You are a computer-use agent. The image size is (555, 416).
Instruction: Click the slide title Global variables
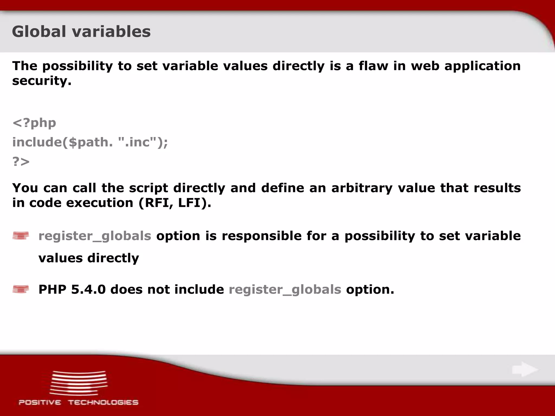click(81, 31)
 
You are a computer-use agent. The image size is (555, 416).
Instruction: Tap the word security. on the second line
click(42, 81)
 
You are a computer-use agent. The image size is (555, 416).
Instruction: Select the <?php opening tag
click(34, 123)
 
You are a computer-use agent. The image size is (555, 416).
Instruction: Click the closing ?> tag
click(21, 161)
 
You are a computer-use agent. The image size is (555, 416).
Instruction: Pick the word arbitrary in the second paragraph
click(362, 188)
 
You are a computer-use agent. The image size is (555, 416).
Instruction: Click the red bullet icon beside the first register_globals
click(21, 236)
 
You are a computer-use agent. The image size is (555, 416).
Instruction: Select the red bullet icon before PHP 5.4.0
click(21, 289)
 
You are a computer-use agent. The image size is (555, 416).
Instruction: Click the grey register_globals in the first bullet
click(95, 236)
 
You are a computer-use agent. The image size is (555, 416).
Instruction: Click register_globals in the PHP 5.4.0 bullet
click(285, 290)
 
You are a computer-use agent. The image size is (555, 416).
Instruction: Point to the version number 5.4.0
click(88, 289)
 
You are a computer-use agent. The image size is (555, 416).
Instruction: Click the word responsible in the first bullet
click(262, 236)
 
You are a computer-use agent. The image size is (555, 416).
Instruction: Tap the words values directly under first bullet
click(89, 258)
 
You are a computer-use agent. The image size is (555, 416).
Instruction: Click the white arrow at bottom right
click(525, 369)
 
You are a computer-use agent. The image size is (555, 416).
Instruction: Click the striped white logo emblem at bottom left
click(79, 383)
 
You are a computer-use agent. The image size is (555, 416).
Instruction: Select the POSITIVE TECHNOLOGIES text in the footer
click(79, 402)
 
